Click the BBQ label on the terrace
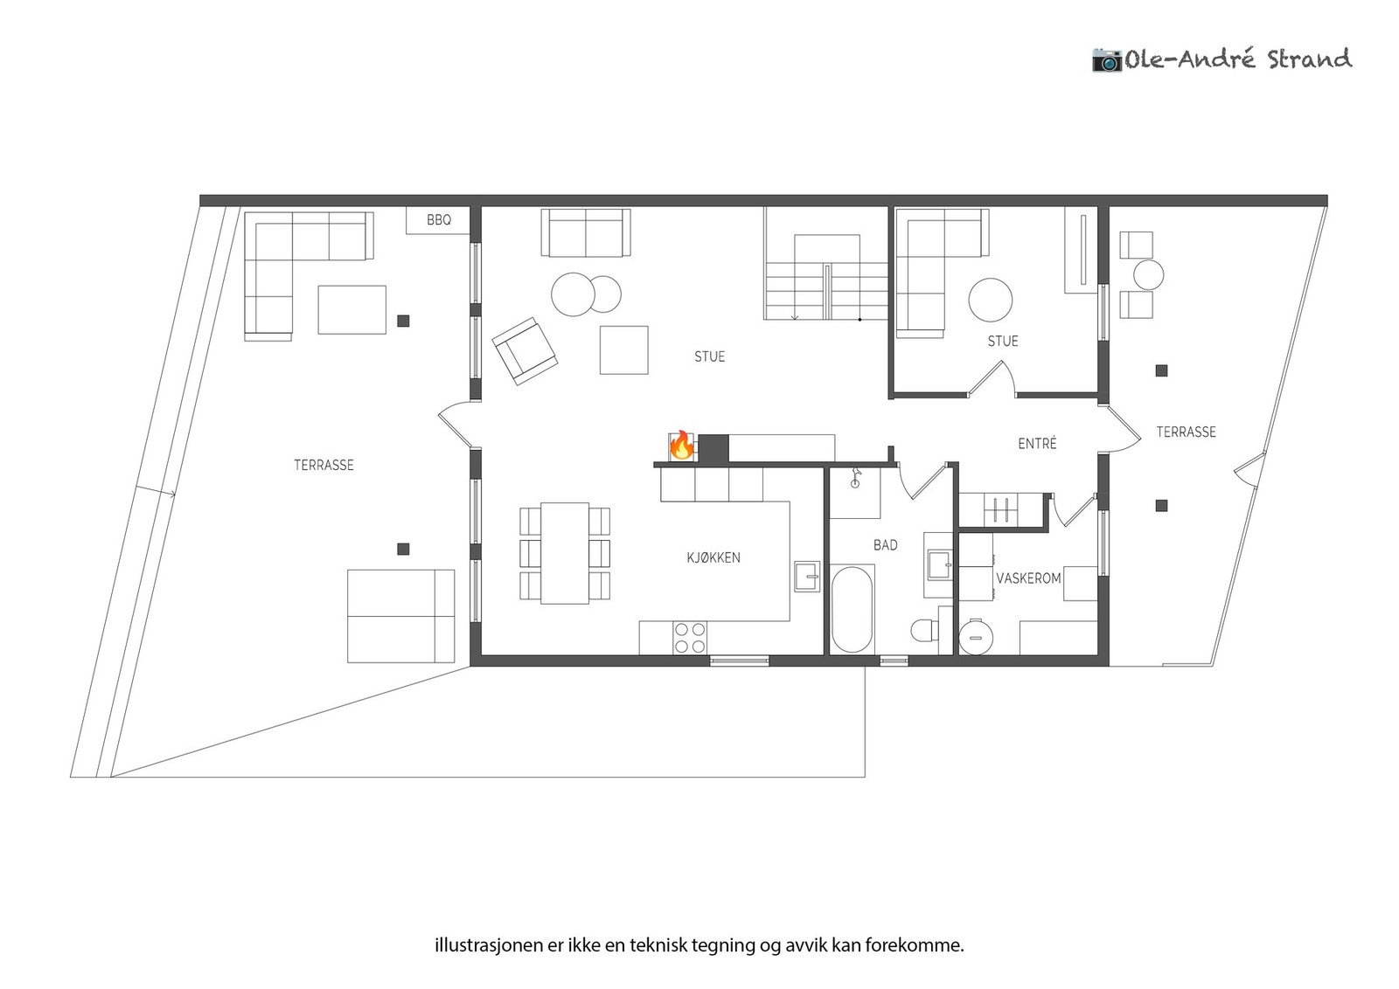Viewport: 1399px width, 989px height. (439, 220)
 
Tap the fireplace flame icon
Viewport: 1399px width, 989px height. (681, 446)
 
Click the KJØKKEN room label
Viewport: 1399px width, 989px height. (713, 557)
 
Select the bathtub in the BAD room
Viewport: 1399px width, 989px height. (852, 610)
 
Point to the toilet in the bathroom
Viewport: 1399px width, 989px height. (924, 630)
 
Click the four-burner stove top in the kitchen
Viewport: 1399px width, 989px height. (690, 638)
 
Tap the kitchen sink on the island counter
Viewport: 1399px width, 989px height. (807, 577)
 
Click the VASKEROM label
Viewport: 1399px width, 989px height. (1028, 578)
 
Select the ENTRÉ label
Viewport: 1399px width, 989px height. (1037, 444)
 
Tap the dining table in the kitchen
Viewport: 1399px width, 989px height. (565, 553)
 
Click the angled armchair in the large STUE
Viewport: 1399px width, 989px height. (525, 351)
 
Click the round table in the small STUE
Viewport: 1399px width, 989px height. (991, 300)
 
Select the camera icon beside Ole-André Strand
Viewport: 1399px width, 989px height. (1106, 60)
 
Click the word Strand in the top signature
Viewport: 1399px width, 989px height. (1309, 59)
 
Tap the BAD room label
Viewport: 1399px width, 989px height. (885, 545)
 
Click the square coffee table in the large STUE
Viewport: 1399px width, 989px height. (623, 350)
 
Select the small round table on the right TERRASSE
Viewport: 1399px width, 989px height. (1148, 275)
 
